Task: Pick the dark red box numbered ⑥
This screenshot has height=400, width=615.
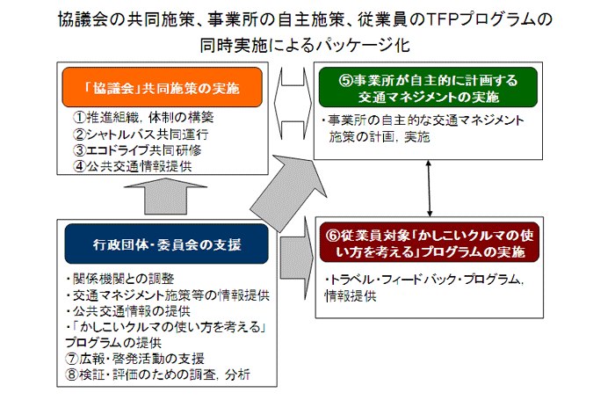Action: click(x=428, y=244)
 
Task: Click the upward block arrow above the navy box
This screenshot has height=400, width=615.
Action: click(x=166, y=199)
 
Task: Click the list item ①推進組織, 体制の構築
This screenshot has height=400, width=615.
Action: click(x=144, y=117)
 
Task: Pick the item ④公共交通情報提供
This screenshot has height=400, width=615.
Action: click(x=132, y=166)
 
